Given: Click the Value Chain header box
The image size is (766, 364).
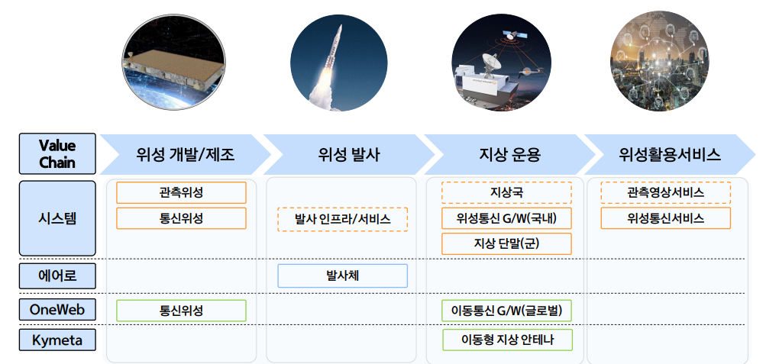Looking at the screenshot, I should [57, 154].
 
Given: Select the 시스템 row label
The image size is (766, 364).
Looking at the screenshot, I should [57, 217].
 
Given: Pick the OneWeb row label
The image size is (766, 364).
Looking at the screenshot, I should [57, 310].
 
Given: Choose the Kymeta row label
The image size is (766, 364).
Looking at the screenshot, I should [57, 340].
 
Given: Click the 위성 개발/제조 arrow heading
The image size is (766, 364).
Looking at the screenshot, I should [186, 155].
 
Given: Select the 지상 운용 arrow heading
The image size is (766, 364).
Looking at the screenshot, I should [505, 155].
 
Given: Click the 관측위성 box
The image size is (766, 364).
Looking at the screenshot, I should [181, 192].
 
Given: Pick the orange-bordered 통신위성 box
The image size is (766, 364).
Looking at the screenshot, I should [181, 218].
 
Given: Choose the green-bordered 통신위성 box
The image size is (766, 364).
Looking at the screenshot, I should [181, 311].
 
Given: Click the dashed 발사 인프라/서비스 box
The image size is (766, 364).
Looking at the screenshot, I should [342, 219].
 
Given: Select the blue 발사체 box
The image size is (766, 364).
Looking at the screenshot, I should [342, 275].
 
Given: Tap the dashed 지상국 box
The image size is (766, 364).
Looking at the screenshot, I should [506, 192].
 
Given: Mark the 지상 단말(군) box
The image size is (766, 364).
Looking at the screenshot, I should [506, 243].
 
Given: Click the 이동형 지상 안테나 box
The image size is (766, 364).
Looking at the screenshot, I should [506, 340].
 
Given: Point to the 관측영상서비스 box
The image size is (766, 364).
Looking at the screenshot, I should [665, 192].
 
